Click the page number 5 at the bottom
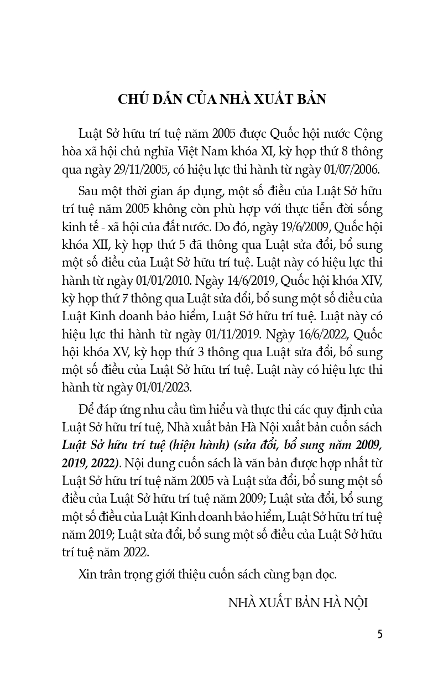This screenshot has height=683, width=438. [379, 634]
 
